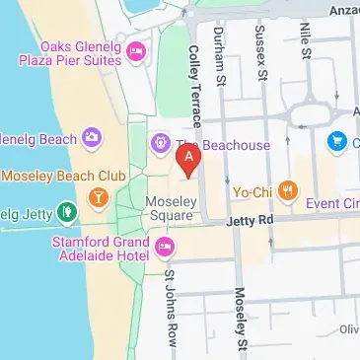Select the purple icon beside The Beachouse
(x=160, y=145)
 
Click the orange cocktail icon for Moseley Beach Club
(x=98, y=197)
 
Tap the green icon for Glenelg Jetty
(x=65, y=210)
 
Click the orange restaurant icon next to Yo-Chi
(x=288, y=189)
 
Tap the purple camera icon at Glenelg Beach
(x=92, y=136)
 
